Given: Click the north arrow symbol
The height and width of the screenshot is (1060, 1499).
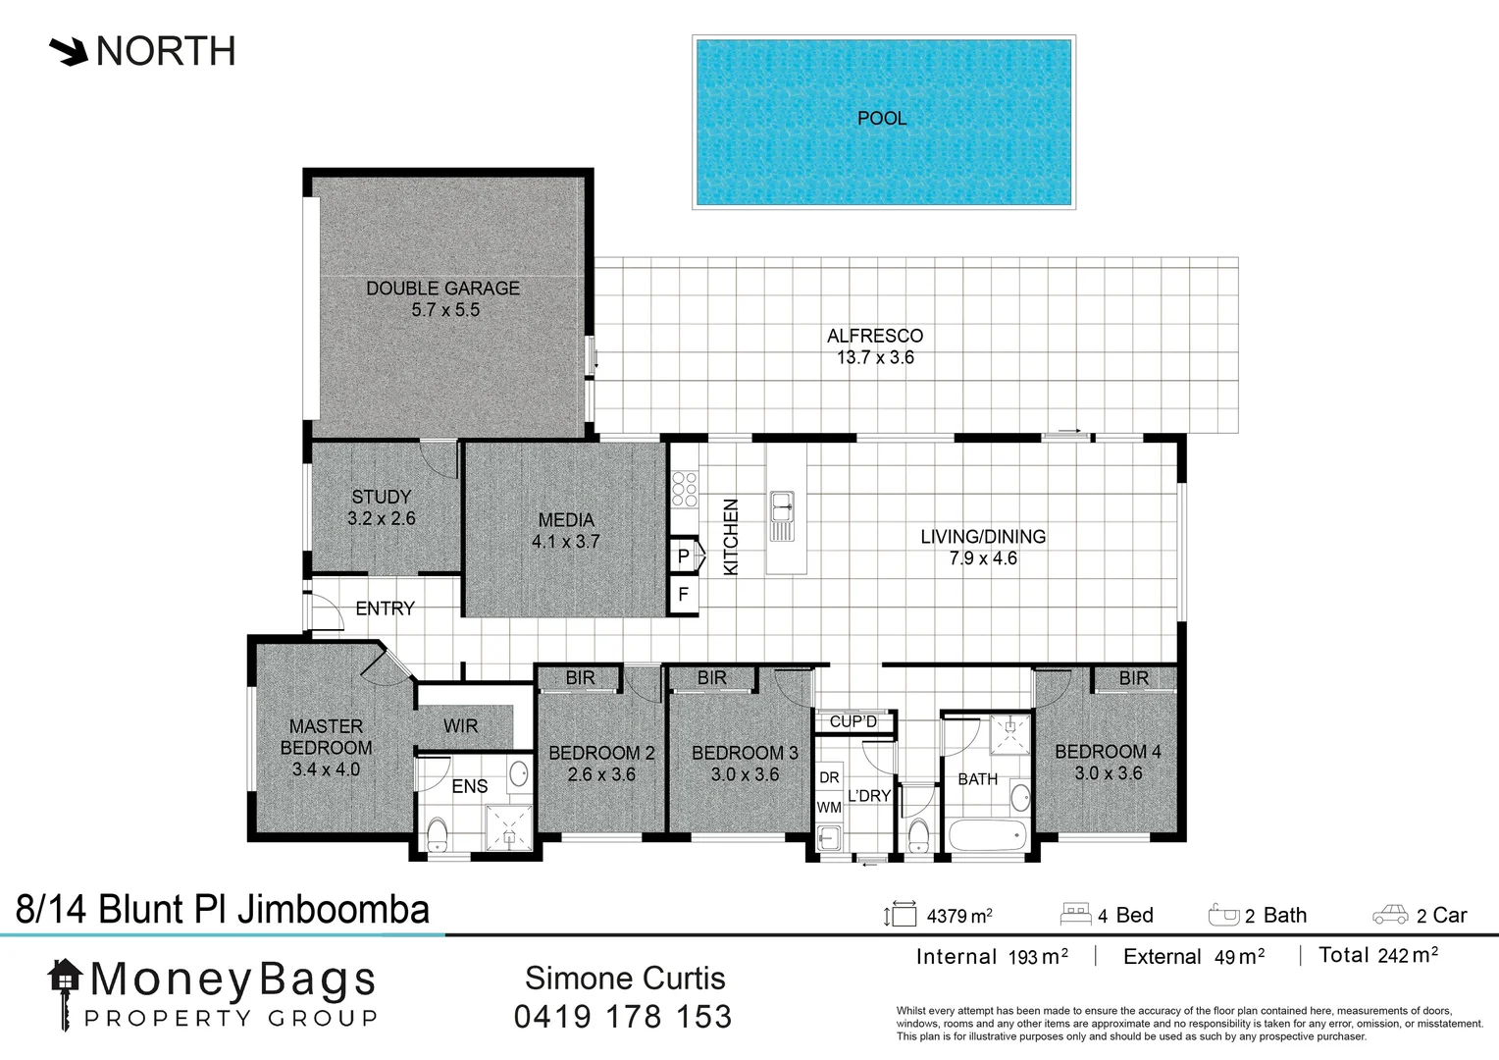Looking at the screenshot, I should (x=69, y=52).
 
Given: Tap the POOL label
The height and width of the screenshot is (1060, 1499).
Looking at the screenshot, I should (x=882, y=119).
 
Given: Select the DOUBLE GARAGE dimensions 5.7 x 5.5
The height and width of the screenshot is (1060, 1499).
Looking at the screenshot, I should (x=445, y=310).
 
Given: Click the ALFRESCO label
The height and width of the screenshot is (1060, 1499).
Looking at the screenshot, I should (x=875, y=336).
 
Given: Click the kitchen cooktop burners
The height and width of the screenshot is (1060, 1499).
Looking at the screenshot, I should (x=685, y=489).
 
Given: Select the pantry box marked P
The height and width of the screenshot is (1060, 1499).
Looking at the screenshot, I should (x=684, y=556).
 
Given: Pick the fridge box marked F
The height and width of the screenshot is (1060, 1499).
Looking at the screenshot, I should (x=684, y=595).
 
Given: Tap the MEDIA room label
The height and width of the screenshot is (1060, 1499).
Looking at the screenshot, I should (x=566, y=520).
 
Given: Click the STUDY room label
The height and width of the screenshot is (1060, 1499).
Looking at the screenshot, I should (x=382, y=497).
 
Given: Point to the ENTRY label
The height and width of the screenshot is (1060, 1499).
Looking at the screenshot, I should (x=385, y=609).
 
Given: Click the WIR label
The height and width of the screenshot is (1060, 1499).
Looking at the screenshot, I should (x=460, y=726).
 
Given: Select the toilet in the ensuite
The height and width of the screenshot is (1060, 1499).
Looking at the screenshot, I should (x=438, y=835).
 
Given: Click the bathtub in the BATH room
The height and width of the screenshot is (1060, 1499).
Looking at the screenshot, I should (x=987, y=837).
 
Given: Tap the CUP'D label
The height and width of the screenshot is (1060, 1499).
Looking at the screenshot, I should (x=853, y=721).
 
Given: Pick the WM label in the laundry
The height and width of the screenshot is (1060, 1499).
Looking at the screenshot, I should (x=829, y=808).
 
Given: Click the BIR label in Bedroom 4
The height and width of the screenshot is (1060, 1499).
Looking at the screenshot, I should (x=1133, y=678).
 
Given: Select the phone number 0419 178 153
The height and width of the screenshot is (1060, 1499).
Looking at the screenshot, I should (x=623, y=1017).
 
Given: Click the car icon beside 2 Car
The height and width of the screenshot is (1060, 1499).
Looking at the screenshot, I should (x=1390, y=916).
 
